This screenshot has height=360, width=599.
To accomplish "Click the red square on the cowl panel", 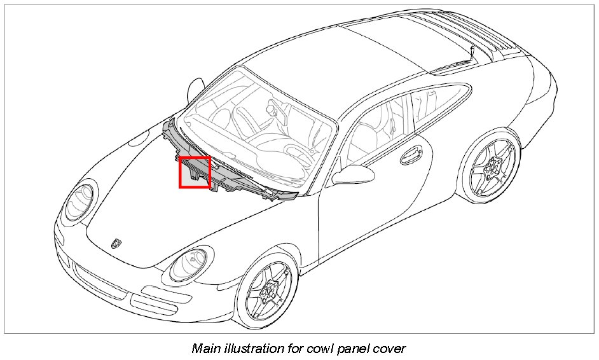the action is tap(195, 172).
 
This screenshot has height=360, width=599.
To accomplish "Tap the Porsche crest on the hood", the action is tap(116, 243).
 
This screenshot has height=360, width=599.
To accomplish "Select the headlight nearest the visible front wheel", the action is tap(187, 263).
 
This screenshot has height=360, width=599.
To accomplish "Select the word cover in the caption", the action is tap(390, 349).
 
